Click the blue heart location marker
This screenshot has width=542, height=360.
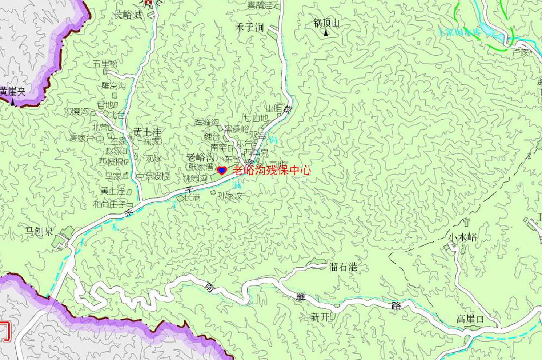click(222, 170)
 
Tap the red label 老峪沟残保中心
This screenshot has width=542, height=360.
click(271, 170)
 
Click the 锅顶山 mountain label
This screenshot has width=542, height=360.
click(326, 23)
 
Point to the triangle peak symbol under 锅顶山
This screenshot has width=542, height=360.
click(326, 33)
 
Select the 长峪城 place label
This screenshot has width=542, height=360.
click(128, 15)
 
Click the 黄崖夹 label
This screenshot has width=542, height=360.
click(13, 91)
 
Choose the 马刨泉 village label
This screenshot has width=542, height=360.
click(39, 231)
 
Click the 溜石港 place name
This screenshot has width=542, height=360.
click(343, 267)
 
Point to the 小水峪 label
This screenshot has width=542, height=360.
click(462, 238)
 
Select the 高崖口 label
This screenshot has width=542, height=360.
click(470, 319)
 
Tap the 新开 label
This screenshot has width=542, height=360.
click(320, 317)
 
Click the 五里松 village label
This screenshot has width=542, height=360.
click(105, 64)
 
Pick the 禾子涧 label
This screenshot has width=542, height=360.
click(250, 28)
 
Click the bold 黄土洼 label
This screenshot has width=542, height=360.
click(147, 132)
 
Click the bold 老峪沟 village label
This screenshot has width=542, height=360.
click(200, 157)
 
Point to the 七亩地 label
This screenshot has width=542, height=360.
click(256, 118)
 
